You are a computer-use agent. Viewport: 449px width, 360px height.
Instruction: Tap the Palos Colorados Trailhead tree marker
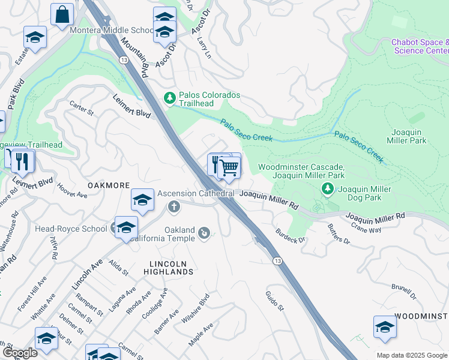(x=170, y=98)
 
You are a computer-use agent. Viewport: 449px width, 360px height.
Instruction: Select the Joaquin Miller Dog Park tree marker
(x=328, y=189)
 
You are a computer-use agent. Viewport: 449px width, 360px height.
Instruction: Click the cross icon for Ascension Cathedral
(x=174, y=207)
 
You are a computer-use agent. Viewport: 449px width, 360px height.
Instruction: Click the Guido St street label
(x=275, y=301)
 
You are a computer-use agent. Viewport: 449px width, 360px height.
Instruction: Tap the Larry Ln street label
(x=204, y=47)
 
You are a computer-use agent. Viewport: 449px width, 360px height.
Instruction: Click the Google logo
(x=19, y=353)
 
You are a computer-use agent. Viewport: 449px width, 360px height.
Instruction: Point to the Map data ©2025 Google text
(x=412, y=355)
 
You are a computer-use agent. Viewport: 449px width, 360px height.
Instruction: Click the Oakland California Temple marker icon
(x=205, y=233)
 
